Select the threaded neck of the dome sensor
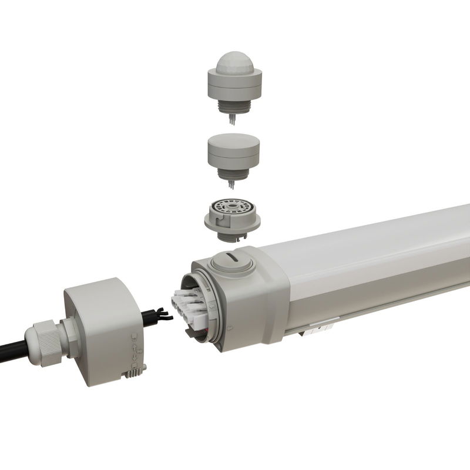click(x=233, y=106)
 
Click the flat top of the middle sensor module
click(x=233, y=140)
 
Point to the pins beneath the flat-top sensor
click(x=233, y=184)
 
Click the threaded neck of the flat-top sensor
click(x=233, y=172)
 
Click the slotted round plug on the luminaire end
click(x=231, y=260)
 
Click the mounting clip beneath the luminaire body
click(x=317, y=328)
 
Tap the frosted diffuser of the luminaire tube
click(x=376, y=247)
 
